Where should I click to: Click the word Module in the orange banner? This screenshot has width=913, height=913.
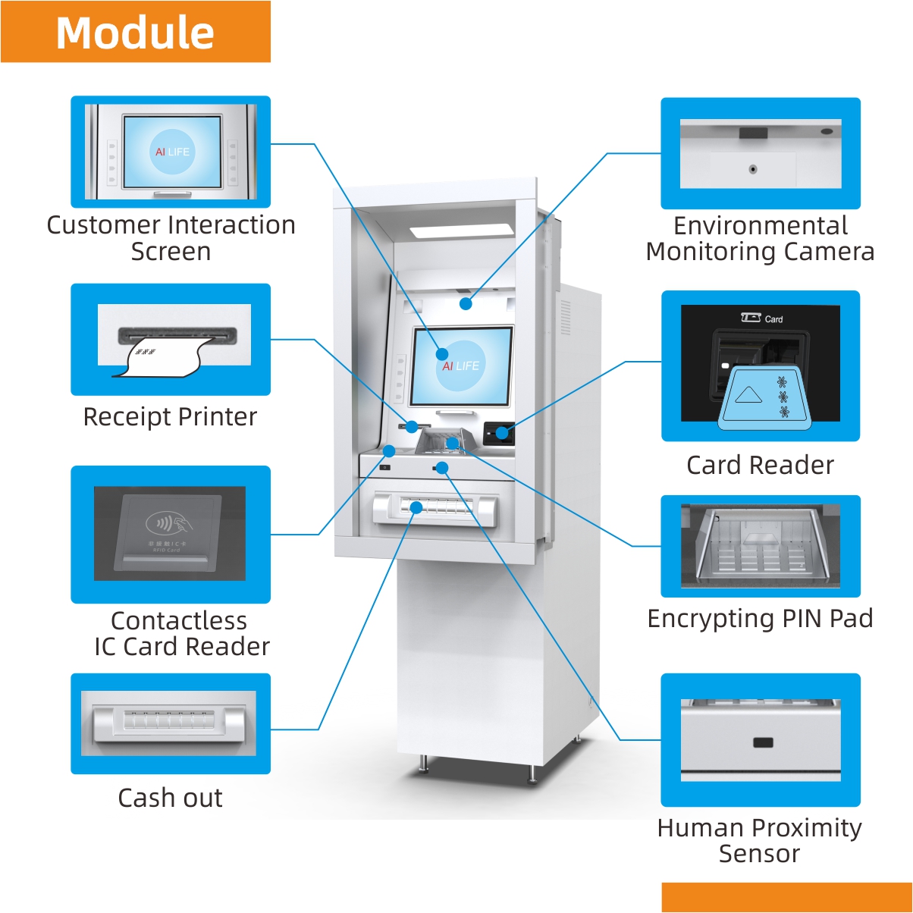(x=135, y=33)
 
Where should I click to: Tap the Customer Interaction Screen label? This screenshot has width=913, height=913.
(x=171, y=237)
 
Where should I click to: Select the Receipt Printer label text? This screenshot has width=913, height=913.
(x=170, y=416)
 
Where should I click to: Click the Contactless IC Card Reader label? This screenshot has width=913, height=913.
(x=180, y=633)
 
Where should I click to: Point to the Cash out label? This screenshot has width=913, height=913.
(x=170, y=798)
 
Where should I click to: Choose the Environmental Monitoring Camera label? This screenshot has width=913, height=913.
(x=760, y=238)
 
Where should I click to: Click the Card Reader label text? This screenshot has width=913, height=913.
(x=760, y=465)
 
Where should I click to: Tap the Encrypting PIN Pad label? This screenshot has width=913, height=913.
(x=760, y=618)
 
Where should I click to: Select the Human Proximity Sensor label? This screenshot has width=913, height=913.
(x=759, y=840)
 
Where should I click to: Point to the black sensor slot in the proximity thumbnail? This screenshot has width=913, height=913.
(x=763, y=742)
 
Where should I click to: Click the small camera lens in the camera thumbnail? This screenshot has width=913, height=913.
(x=752, y=169)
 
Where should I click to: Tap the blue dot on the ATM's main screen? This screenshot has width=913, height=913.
(x=442, y=353)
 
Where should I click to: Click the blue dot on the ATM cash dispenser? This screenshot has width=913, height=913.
(x=416, y=507)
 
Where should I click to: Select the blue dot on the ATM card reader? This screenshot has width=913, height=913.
(x=501, y=433)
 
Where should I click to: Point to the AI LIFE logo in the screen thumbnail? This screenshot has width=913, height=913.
(x=172, y=152)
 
